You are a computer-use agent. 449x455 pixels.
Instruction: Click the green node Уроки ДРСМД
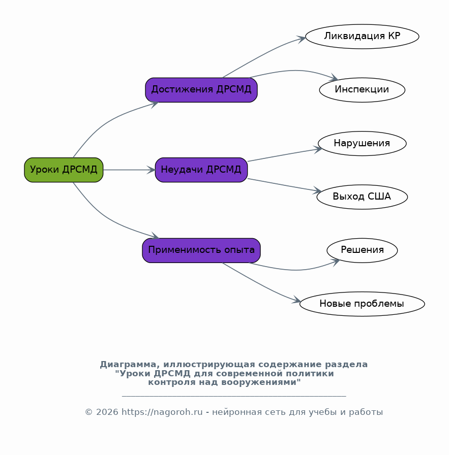pyautogui.click(x=64, y=170)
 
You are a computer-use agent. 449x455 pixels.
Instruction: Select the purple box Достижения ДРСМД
pyautogui.click(x=201, y=90)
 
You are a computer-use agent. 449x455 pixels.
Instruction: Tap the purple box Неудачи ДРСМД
pyautogui.click(x=201, y=170)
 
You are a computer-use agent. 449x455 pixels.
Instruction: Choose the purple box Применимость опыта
pyautogui.click(x=201, y=250)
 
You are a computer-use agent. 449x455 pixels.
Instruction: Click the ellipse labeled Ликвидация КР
pyautogui.click(x=362, y=37)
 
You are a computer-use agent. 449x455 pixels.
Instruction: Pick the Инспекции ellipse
pyautogui.click(x=362, y=90)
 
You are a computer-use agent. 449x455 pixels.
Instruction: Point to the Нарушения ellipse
pyautogui.click(x=362, y=143)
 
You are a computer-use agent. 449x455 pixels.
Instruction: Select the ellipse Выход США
pyautogui.click(x=362, y=197)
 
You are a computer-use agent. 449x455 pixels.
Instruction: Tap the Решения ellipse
pyautogui.click(x=362, y=250)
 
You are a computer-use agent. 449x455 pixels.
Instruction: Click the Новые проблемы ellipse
pyautogui.click(x=362, y=304)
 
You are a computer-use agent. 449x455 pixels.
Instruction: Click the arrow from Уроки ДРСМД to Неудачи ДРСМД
pyautogui.click(x=129, y=170)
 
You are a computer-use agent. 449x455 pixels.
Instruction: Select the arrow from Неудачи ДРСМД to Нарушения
pyautogui.click(x=285, y=155)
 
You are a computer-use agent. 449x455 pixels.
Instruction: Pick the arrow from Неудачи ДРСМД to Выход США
pyautogui.click(x=284, y=185)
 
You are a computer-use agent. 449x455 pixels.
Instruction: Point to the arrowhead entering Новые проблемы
pyautogui.click(x=296, y=300)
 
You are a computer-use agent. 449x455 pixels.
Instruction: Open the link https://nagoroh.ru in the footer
pyautogui.click(x=162, y=412)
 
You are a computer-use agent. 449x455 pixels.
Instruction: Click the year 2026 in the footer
pyautogui.click(x=107, y=412)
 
